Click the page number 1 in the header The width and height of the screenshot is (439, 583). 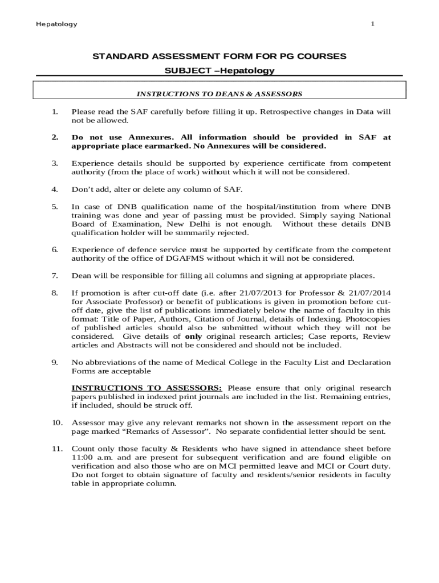coord(372,24)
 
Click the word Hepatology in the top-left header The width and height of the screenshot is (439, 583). coord(56,24)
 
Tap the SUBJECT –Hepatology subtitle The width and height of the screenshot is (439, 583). coord(219,71)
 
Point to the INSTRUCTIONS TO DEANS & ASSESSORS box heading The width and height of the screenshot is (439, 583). coord(219,93)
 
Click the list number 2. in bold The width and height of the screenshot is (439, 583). coord(55,137)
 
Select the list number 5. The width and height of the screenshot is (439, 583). coord(55,207)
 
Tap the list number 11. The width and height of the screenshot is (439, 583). coord(56,449)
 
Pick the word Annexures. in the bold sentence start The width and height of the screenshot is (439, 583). coord(152,137)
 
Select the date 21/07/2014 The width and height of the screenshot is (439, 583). coord(368,293)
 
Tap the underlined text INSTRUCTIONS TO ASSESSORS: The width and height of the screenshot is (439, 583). coord(147,388)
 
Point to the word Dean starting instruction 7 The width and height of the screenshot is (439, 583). coord(81,276)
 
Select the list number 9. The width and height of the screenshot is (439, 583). coord(55,362)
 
